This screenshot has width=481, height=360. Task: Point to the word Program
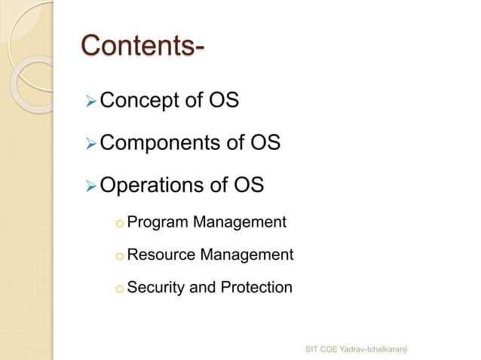(157, 223)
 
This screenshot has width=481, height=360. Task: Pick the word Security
(155, 287)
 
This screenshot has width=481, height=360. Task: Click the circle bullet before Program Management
(118, 224)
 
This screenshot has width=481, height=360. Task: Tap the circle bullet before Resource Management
(118, 257)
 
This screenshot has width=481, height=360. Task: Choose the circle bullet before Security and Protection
(118, 288)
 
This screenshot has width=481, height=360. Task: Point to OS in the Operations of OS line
(248, 185)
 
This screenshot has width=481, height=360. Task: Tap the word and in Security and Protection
(200, 287)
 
